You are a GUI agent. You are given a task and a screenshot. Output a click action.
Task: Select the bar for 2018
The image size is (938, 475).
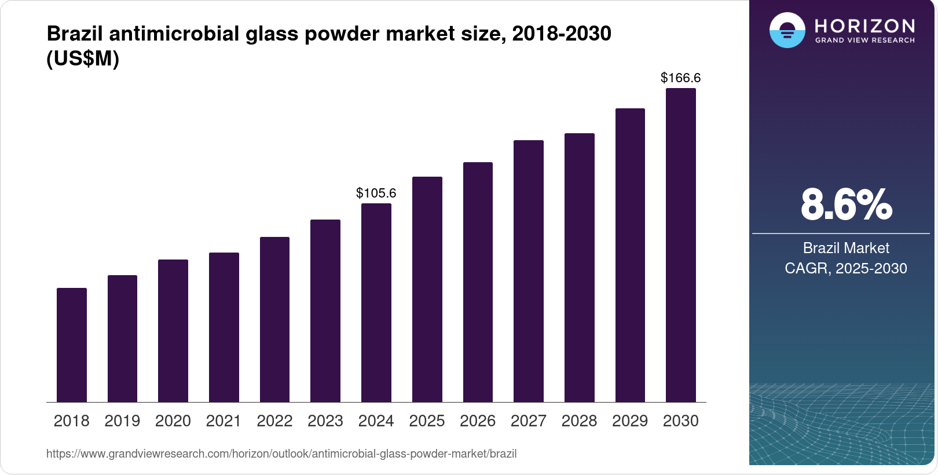[x=72, y=345]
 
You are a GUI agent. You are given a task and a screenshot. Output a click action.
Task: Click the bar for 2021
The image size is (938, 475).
[x=224, y=327]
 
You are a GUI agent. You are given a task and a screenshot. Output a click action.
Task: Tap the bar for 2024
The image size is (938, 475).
[x=376, y=303]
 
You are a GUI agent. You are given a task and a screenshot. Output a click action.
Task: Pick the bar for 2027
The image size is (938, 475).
[x=529, y=271]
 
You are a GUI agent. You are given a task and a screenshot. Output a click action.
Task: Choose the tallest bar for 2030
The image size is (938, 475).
[x=681, y=245]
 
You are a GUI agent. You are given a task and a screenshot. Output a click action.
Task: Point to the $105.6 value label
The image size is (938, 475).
[x=376, y=193]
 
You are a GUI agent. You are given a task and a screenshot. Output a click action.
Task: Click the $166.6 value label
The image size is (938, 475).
[x=681, y=78]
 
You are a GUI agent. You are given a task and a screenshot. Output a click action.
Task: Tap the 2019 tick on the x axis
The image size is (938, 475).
[x=122, y=421]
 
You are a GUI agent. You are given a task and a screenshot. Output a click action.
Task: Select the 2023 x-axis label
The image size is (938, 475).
[x=325, y=421]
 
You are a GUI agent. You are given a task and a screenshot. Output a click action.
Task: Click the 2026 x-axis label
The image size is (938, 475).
[x=478, y=421]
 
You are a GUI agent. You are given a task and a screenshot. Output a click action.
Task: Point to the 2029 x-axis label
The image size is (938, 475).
[x=630, y=421]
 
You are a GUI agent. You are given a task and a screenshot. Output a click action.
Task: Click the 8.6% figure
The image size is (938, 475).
[x=846, y=204]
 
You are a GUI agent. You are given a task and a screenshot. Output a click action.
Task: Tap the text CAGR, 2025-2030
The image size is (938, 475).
[x=846, y=268]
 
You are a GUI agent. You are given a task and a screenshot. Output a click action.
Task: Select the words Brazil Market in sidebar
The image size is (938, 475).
[x=846, y=248]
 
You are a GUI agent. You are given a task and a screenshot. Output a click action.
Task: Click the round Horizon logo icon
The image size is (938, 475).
[x=787, y=30]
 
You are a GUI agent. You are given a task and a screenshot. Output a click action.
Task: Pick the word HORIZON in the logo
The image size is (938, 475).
[x=864, y=25]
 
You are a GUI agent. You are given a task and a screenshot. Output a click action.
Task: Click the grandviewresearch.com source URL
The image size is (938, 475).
[x=281, y=454]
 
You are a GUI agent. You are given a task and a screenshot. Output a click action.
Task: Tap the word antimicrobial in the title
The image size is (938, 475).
[x=174, y=34]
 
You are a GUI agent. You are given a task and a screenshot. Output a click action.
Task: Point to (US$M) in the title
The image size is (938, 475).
[x=83, y=59]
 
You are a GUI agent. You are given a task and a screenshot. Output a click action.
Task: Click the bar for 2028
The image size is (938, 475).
[x=580, y=268]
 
